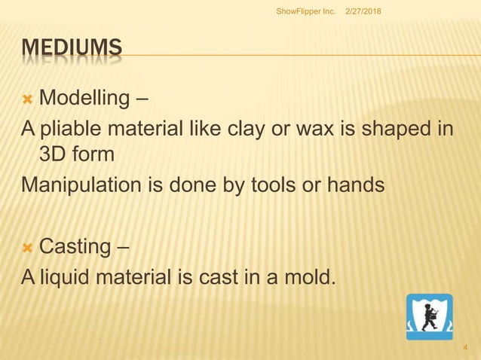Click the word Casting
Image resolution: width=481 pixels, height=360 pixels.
[75, 247]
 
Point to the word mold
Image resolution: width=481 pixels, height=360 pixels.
[309, 276]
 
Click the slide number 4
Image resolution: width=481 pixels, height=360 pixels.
[466, 348]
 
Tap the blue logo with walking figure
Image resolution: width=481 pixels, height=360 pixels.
[429, 317]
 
